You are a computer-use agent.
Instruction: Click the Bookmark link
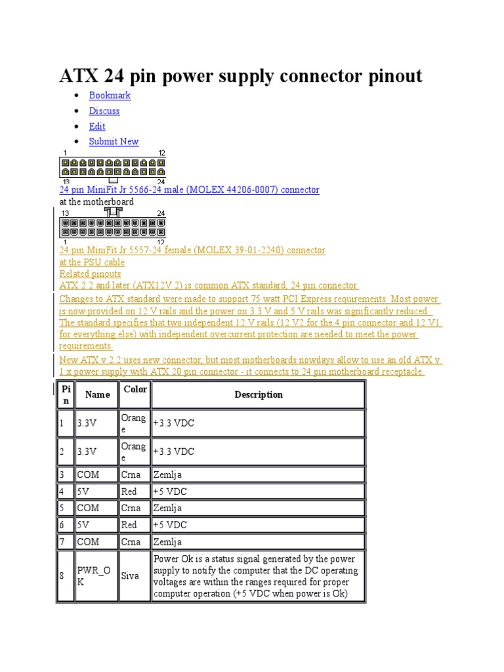point(110,95)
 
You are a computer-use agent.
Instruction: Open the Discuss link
point(104,111)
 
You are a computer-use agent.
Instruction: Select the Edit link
point(97,126)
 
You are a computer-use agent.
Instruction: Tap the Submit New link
point(114,141)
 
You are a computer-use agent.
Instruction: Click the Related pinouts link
point(91,274)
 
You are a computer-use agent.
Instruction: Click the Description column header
point(259,394)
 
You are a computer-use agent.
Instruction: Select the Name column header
point(97,394)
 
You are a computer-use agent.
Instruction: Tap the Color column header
point(135,389)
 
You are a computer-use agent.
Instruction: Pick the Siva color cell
point(130,576)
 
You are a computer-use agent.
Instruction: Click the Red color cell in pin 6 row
point(129,525)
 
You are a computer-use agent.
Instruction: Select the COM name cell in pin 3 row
point(88,474)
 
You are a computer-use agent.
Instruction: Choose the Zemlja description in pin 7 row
point(167,542)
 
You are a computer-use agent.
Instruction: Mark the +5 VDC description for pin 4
point(170,491)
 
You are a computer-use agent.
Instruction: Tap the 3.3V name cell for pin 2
point(87,451)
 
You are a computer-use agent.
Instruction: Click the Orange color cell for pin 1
point(133,423)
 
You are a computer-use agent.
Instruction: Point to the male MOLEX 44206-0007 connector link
point(189,190)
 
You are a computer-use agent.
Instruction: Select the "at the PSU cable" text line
point(92,262)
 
